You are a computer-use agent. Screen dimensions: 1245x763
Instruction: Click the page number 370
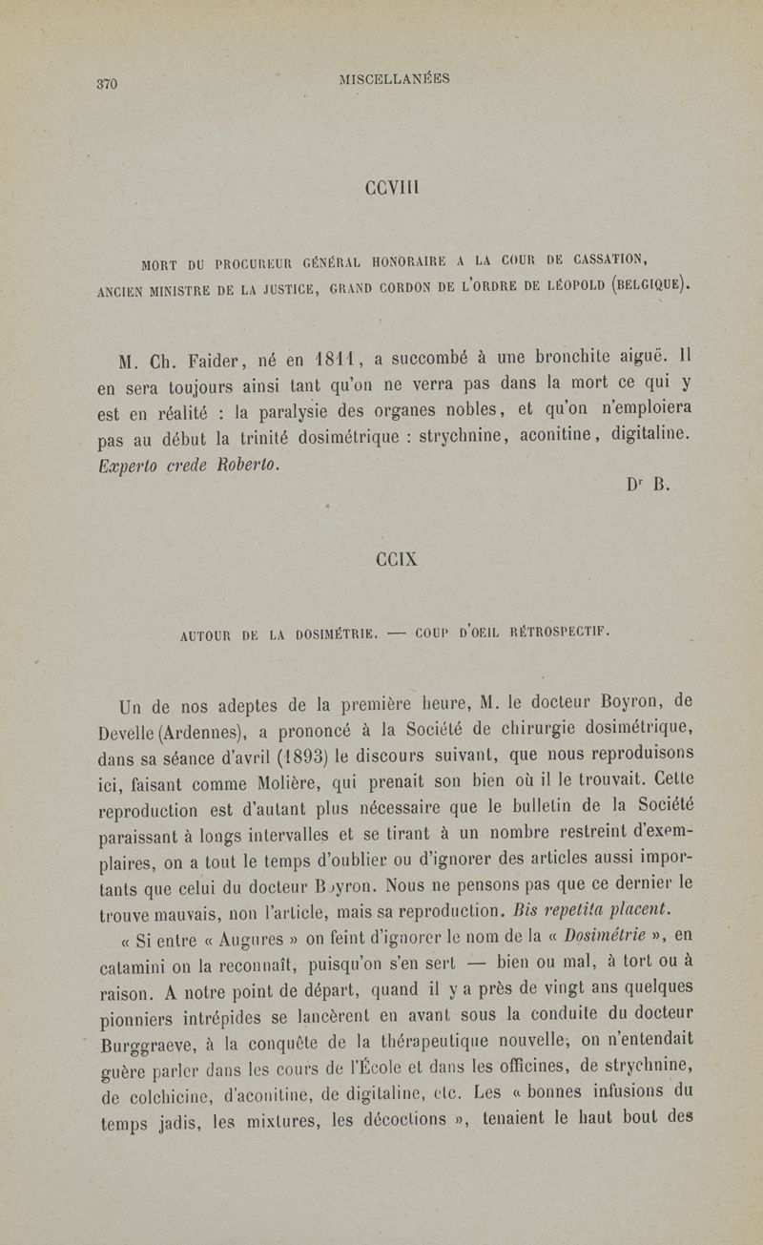107,84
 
